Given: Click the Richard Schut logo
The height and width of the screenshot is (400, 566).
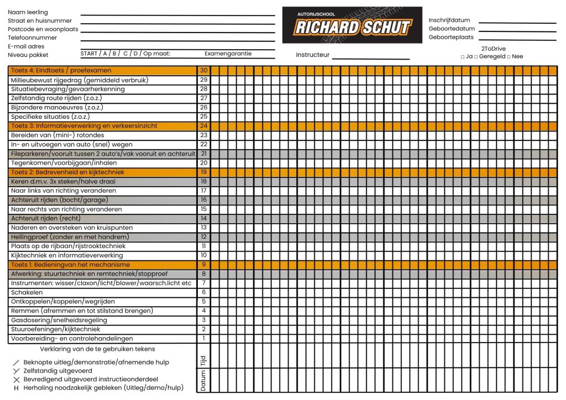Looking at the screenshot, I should [x=352, y=25].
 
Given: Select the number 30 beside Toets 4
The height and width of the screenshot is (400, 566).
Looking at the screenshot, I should [x=203, y=71].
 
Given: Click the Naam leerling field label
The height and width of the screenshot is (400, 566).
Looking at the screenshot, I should [x=28, y=12].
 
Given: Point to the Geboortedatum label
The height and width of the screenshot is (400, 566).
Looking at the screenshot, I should [x=452, y=29].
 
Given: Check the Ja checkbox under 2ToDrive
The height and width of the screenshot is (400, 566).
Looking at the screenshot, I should [x=462, y=57].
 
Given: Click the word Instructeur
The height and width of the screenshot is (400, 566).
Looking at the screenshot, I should [x=312, y=55].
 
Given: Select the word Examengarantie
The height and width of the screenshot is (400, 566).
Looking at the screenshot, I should [x=228, y=54].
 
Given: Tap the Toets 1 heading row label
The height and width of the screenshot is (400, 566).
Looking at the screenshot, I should [x=70, y=265].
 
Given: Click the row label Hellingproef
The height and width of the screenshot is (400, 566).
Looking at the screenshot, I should [x=70, y=237].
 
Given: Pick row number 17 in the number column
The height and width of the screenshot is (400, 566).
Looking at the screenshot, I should [x=203, y=191].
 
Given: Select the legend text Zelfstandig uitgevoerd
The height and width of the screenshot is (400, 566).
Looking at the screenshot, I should [x=57, y=371].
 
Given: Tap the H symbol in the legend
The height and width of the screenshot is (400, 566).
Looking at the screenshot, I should [x=16, y=388].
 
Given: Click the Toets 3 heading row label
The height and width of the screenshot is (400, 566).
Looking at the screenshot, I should [x=84, y=126].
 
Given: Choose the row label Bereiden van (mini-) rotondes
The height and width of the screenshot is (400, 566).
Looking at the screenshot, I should [x=57, y=135].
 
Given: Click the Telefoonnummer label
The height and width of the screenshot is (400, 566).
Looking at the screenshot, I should [x=32, y=38].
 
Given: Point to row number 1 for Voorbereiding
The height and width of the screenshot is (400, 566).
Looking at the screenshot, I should [x=203, y=339].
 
